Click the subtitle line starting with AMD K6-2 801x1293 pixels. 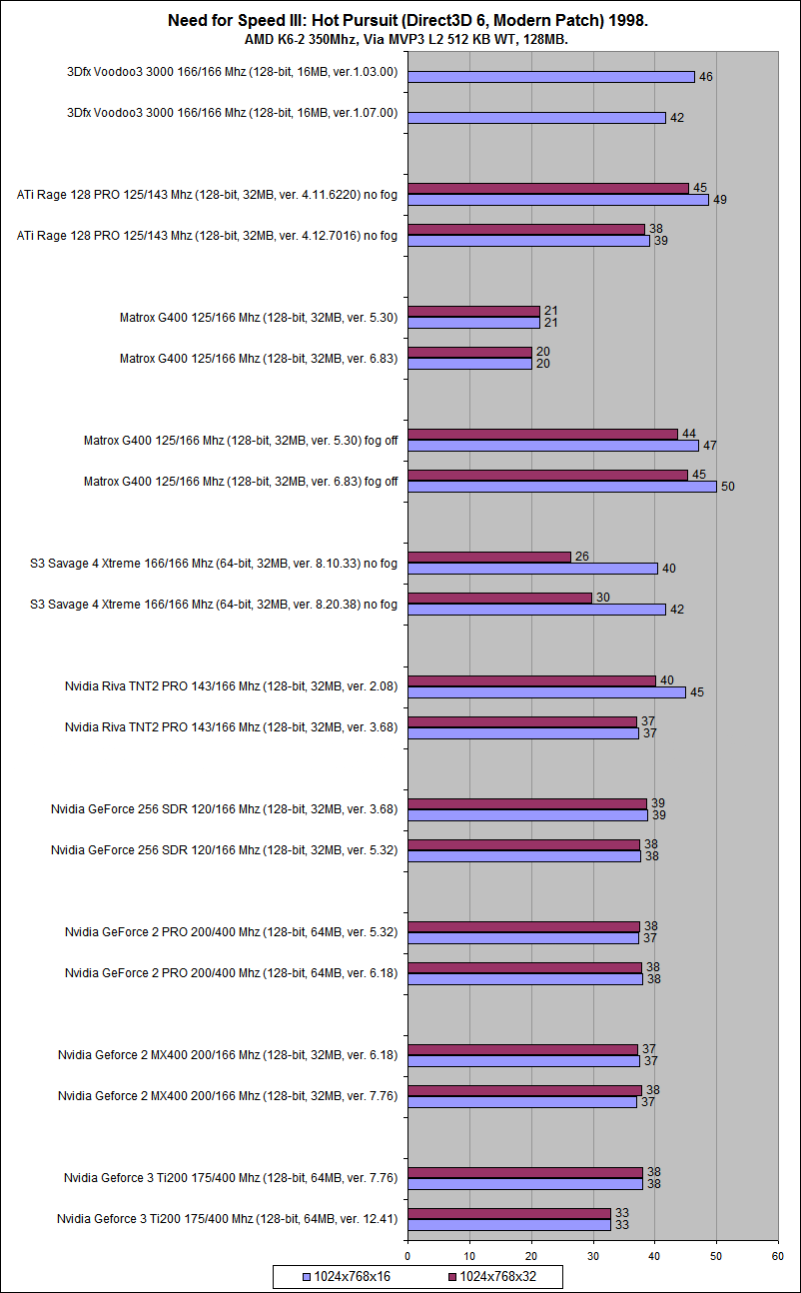(x=400, y=40)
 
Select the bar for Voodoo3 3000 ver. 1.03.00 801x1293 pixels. (x=551, y=77)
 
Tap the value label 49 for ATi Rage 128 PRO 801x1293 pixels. (x=719, y=200)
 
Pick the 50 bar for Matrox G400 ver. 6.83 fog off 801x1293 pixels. (x=562, y=487)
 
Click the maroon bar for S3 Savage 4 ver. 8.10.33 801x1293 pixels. (x=489, y=557)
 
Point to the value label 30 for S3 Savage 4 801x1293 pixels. (x=602, y=597)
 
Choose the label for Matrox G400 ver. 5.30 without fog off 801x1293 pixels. (x=258, y=318)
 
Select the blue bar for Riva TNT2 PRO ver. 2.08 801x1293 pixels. (x=546, y=691)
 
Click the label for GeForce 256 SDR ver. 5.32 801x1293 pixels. (x=224, y=850)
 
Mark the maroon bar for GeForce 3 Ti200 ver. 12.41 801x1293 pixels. (x=509, y=1213)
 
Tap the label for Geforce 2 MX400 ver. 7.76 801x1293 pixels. (x=228, y=1096)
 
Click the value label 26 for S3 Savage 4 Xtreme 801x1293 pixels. (x=581, y=556)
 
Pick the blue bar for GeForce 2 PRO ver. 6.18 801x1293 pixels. (x=524, y=979)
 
